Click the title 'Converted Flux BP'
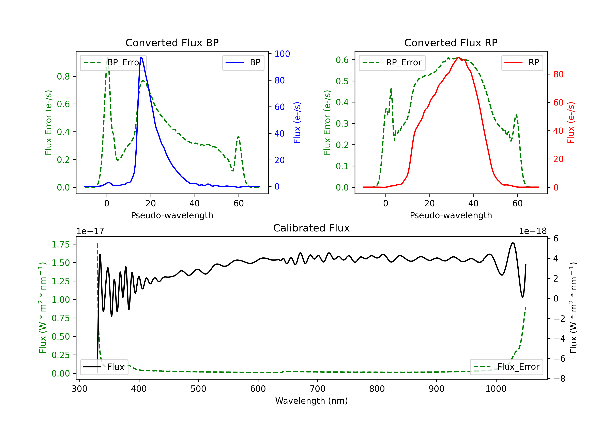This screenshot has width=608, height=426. tap(172, 43)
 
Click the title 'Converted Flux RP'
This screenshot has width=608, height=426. tap(451, 43)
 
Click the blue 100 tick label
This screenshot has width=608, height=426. tap(282, 54)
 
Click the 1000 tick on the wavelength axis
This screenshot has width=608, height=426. tap(496, 389)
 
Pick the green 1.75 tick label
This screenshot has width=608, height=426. tap(61, 244)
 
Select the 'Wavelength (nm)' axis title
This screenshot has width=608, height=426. tap(311, 401)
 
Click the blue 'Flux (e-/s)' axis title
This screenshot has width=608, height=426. tap(297, 123)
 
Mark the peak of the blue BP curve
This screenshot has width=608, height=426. tap(141, 58)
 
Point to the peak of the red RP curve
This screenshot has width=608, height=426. tap(458, 58)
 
